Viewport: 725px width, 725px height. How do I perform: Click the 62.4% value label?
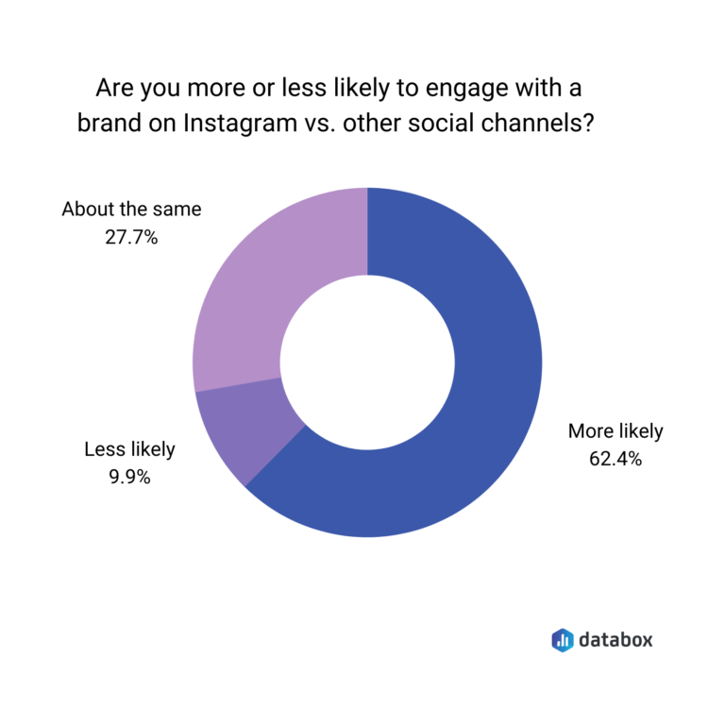615,460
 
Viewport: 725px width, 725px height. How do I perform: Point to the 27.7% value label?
131,238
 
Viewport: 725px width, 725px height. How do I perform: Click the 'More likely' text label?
615,432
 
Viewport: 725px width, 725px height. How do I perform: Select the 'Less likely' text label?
129,450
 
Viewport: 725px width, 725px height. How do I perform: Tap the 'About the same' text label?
131,210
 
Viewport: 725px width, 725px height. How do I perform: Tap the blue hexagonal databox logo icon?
562,639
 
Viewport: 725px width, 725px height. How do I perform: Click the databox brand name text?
615,639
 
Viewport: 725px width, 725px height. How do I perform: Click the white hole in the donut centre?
367,362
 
